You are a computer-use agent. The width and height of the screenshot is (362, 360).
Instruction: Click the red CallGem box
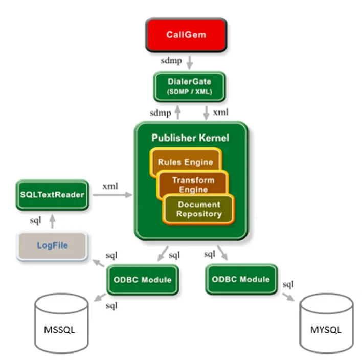click(186, 35)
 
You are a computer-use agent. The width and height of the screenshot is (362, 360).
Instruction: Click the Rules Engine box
click(185, 162)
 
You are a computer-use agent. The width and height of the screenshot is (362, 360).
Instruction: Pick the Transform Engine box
click(193, 185)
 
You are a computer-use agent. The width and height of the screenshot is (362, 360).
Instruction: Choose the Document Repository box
click(199, 209)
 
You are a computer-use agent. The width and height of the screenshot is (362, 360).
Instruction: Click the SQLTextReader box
click(52, 195)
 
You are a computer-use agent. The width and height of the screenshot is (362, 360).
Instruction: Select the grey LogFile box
click(52, 245)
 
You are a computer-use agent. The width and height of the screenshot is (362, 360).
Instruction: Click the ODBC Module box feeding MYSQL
click(241, 279)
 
